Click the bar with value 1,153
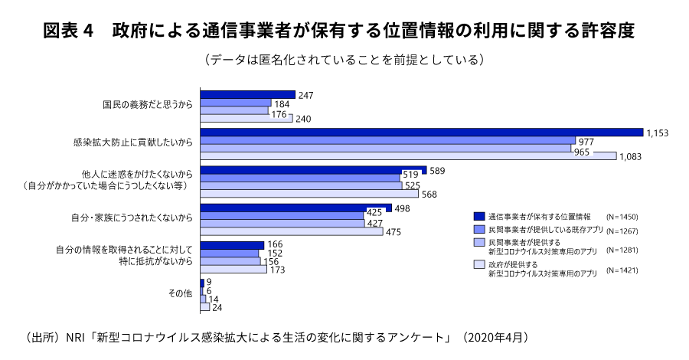coord(421,133)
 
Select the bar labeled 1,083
coord(408,156)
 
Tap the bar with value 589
coord(313,170)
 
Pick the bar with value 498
coord(296,208)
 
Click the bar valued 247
coord(247,95)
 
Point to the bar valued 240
coord(247,118)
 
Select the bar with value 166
coord(232,245)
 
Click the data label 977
coord(586,141)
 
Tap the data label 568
coord(429,194)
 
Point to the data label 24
coord(217,307)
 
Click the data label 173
coord(279,270)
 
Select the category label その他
coord(180,293)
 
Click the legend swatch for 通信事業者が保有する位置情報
coord(479,215)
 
